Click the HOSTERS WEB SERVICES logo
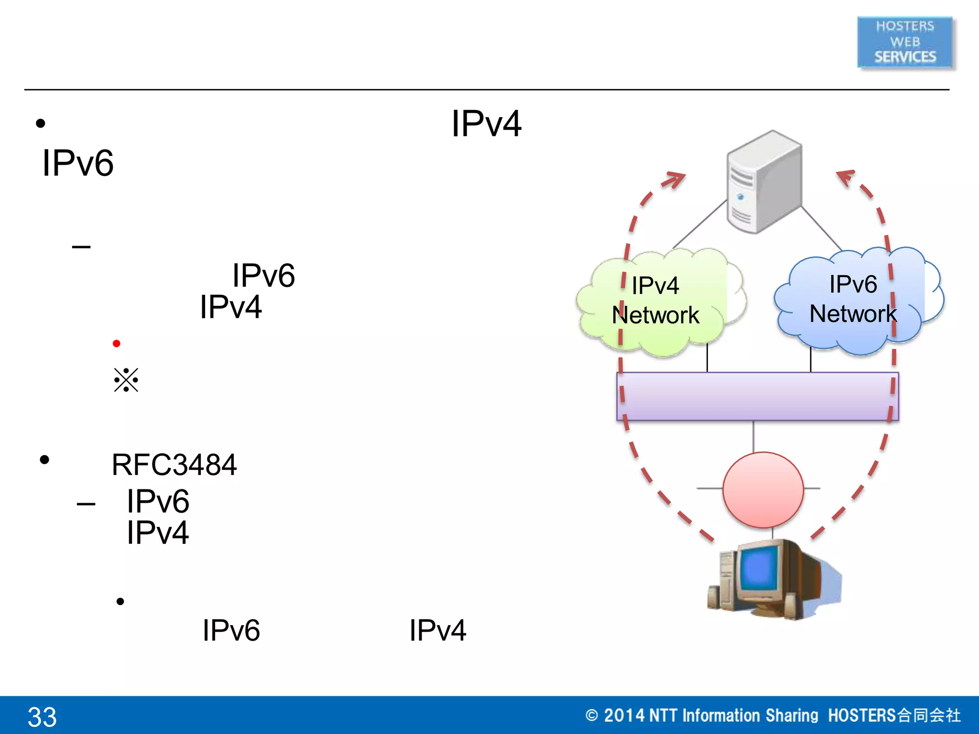(905, 42)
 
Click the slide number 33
(42, 716)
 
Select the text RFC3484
(174, 464)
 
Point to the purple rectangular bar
(757, 396)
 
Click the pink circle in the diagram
(763, 489)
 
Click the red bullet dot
(116, 344)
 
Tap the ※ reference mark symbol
(126, 380)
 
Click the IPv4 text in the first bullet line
(486, 124)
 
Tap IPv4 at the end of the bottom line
(437, 630)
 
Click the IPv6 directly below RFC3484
(158, 501)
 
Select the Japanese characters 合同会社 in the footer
(929, 715)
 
